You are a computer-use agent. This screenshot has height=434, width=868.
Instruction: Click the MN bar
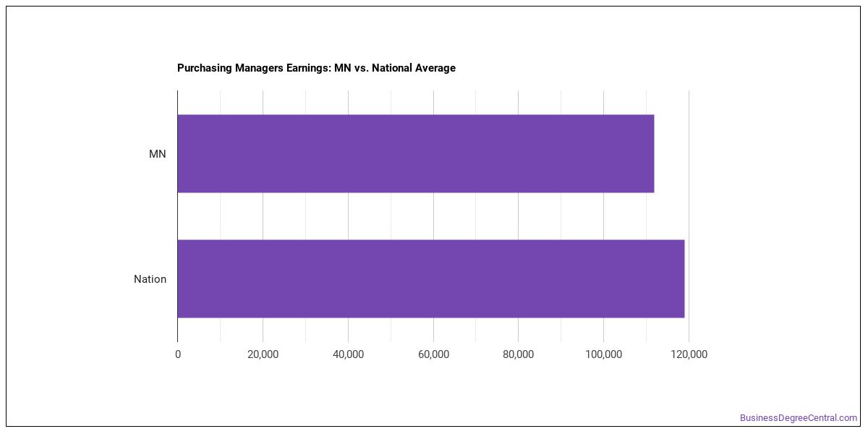[416, 153]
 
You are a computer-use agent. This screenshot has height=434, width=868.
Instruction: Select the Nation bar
[431, 278]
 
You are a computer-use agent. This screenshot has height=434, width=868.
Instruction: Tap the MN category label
[158, 154]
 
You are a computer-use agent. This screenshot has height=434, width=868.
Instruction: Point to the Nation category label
[150, 279]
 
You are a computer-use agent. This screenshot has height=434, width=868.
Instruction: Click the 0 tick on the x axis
[178, 354]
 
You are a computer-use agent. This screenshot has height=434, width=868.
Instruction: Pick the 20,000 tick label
[263, 354]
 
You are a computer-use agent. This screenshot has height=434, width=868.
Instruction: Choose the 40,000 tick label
[348, 354]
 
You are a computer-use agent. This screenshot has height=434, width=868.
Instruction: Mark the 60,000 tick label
[433, 354]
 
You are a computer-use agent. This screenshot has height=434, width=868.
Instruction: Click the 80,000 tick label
[518, 354]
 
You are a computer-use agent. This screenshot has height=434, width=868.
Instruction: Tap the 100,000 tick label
[603, 354]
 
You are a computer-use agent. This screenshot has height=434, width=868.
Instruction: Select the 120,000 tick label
[689, 354]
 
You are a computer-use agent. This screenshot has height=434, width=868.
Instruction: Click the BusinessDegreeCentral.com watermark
[799, 418]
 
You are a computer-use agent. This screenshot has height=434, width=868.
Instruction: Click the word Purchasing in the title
[204, 68]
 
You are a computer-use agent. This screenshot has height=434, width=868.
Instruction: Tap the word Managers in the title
[259, 68]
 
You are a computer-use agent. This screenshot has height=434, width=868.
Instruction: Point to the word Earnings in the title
[308, 68]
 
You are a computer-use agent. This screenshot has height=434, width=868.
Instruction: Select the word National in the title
[392, 68]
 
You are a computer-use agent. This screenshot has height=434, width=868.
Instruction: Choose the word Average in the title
[435, 68]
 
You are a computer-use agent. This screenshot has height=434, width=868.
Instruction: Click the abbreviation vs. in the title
[361, 68]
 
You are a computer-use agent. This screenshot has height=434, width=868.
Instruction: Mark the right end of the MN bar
[654, 153]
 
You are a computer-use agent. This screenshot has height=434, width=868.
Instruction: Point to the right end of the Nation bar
[684, 278]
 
